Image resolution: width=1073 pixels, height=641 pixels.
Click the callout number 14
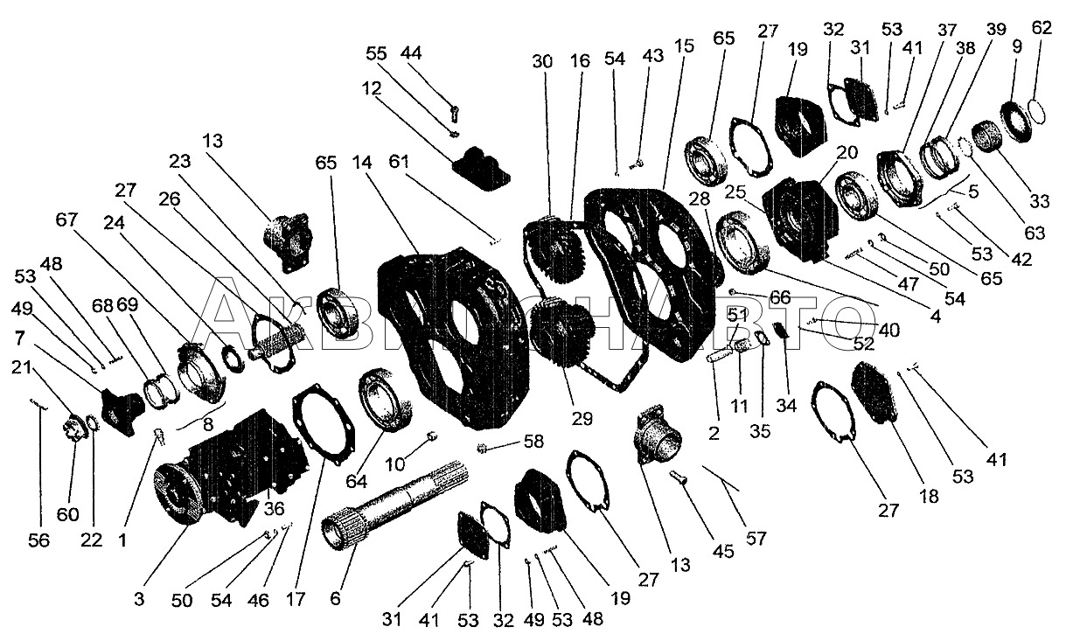click(x=362, y=164)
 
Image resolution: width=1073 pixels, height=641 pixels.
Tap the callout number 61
click(x=400, y=164)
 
